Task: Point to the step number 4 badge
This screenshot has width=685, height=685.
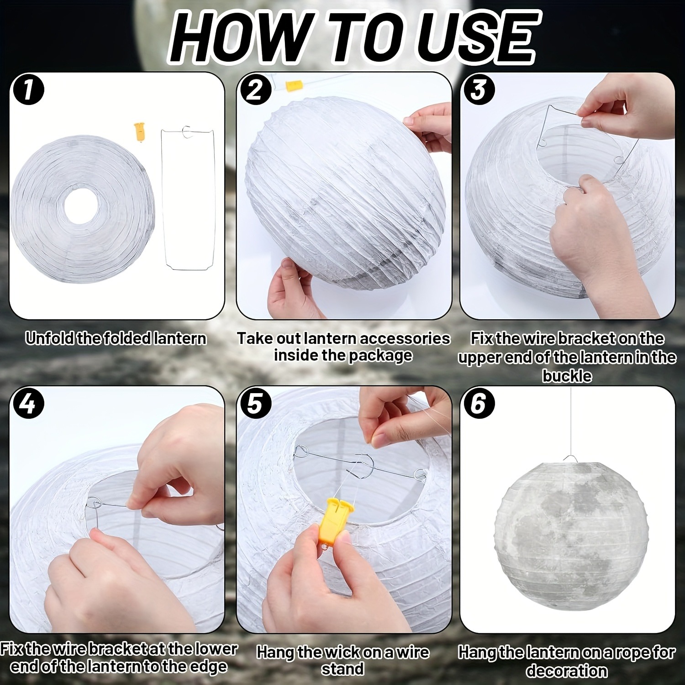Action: (x=28, y=404)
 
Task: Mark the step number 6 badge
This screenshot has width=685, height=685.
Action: (x=478, y=404)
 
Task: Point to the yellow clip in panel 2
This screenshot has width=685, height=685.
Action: (x=292, y=86)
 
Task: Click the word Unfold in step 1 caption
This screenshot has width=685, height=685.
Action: (x=50, y=339)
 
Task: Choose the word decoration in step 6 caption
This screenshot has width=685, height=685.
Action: (x=567, y=671)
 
